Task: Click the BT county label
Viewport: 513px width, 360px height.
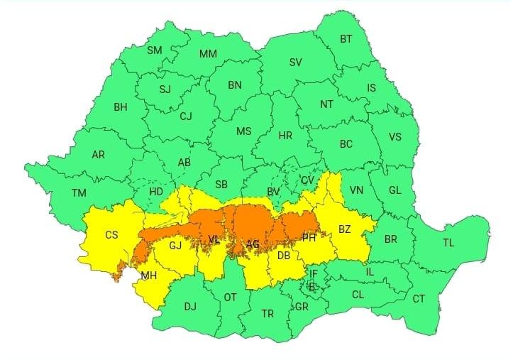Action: click(x=346, y=40)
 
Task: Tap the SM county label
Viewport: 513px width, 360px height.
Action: click(x=154, y=50)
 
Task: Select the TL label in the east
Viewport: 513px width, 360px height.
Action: click(x=448, y=243)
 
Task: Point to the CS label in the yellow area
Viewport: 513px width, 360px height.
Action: click(x=111, y=235)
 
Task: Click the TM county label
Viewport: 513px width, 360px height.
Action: click(x=79, y=192)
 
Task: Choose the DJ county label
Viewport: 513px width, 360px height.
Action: click(x=190, y=307)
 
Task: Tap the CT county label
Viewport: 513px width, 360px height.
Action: click(x=419, y=299)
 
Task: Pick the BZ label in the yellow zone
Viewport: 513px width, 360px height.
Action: click(x=345, y=229)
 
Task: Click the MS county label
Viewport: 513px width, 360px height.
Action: click(x=243, y=131)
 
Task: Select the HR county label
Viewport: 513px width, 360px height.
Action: click(x=285, y=136)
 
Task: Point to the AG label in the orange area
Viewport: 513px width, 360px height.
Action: click(x=253, y=244)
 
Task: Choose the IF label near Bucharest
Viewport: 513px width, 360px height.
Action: click(x=313, y=273)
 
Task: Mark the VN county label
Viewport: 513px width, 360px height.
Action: click(x=356, y=190)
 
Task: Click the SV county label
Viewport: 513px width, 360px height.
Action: click(x=295, y=62)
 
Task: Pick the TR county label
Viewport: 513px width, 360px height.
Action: click(x=267, y=313)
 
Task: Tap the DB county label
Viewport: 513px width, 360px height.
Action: click(x=283, y=256)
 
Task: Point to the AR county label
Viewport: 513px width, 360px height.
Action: click(x=99, y=154)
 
